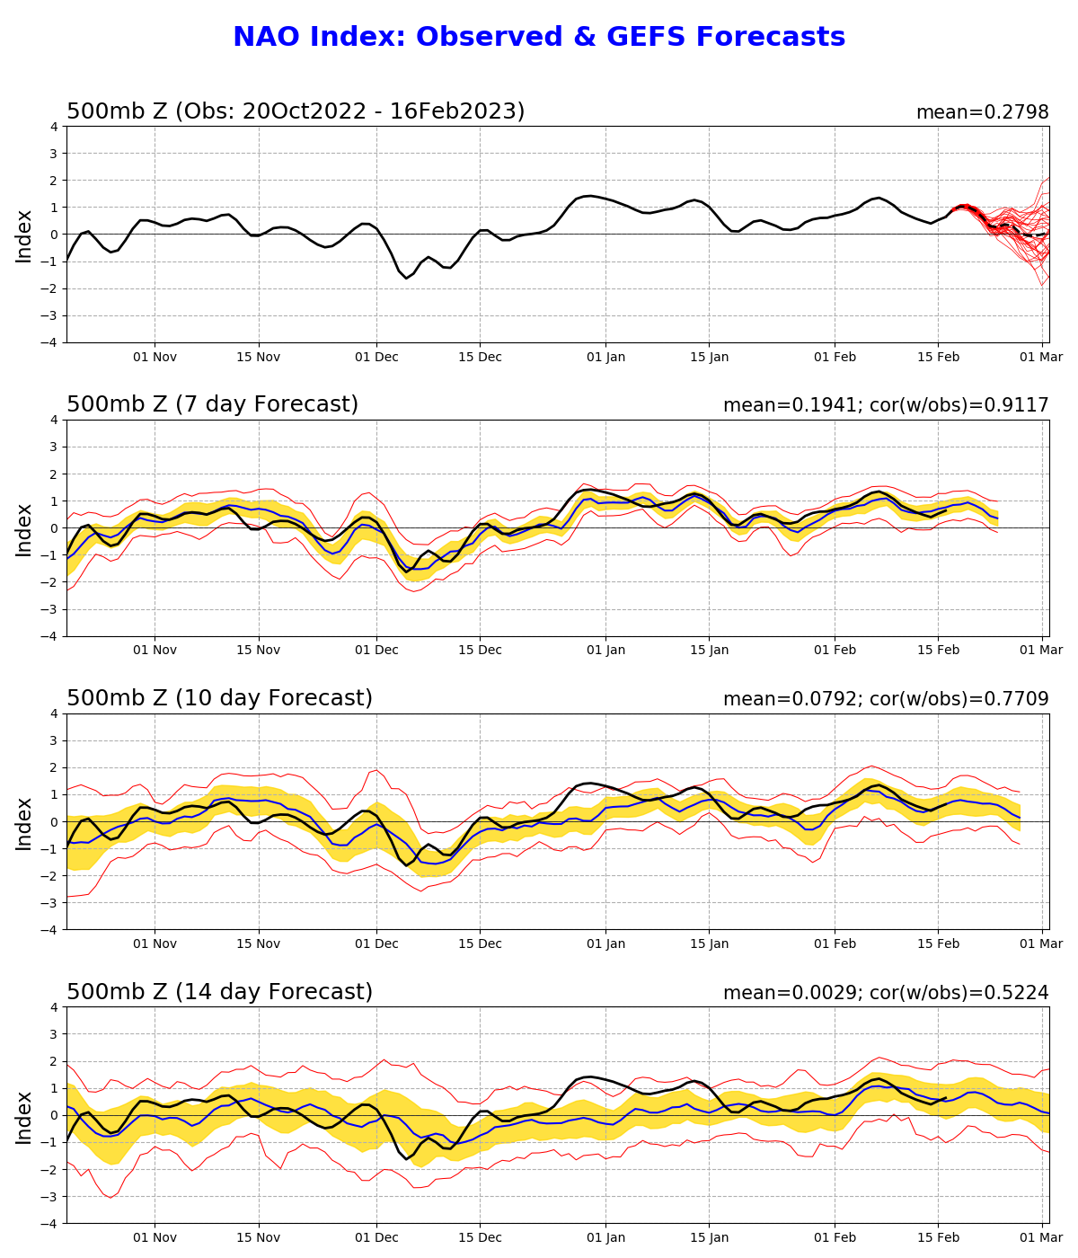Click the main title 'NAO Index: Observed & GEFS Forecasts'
(x=539, y=38)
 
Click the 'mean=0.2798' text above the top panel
(x=982, y=113)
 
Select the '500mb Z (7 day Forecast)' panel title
(x=212, y=405)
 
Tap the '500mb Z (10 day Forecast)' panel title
(x=219, y=699)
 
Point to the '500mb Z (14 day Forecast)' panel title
(x=219, y=993)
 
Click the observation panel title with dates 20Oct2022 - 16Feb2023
(x=296, y=112)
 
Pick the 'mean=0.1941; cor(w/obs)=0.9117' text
(x=885, y=406)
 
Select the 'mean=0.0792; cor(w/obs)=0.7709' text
(x=885, y=700)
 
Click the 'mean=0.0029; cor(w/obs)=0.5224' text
(x=885, y=994)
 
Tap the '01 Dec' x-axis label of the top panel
(x=376, y=357)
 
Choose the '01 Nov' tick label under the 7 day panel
(x=155, y=651)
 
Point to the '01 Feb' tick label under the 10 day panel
(x=835, y=944)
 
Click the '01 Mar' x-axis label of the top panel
(x=1042, y=357)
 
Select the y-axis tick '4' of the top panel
(x=54, y=127)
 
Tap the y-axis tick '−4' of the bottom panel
(x=50, y=1224)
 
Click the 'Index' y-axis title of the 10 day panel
(x=24, y=822)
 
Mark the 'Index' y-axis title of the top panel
(x=24, y=235)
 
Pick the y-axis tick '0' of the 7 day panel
(x=54, y=528)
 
